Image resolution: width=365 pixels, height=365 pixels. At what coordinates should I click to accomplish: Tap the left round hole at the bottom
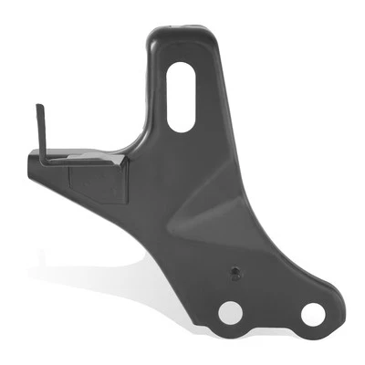[x=231, y=312]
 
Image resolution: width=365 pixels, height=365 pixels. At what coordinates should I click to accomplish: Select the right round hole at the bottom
[x=312, y=314]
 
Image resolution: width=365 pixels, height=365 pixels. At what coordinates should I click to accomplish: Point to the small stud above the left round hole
[x=235, y=272]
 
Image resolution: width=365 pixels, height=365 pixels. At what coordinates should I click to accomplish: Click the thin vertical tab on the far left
[x=41, y=132]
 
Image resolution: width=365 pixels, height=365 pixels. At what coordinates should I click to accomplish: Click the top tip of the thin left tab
[x=39, y=108]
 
